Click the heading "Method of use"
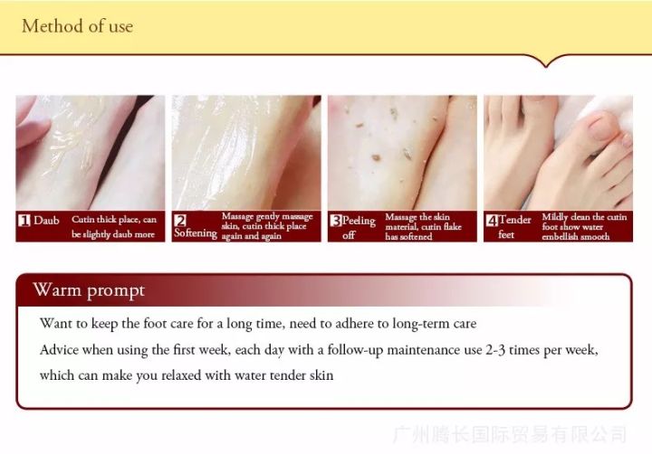point(77,26)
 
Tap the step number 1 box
point(24,220)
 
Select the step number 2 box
point(180,220)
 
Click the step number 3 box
point(336,220)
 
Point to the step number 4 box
point(492,220)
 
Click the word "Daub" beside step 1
point(46,220)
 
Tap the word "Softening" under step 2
point(196,233)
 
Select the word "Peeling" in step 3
point(359,221)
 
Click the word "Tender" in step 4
point(514,220)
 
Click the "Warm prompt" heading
point(89,290)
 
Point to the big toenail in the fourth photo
point(601,128)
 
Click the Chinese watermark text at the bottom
point(510,434)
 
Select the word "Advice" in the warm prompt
point(59,350)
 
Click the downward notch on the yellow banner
point(546,63)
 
